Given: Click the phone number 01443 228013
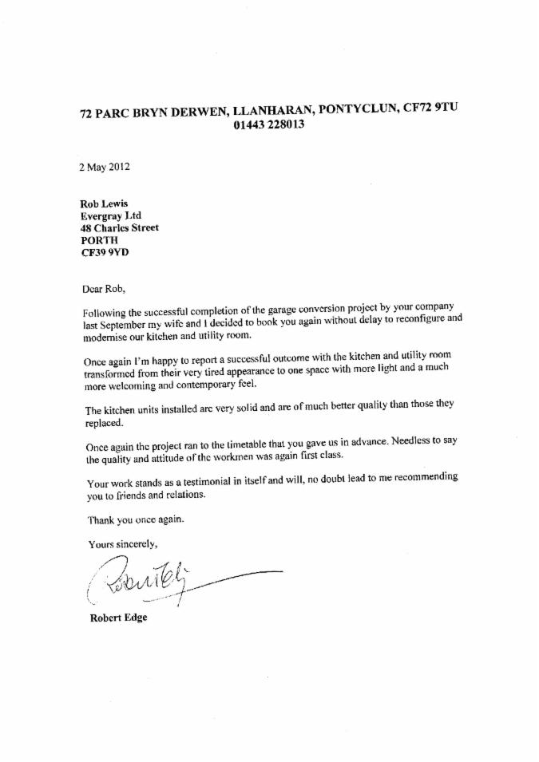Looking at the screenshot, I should tap(268, 125).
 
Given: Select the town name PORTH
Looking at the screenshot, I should tap(100, 240).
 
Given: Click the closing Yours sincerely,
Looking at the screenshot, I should tap(123, 544).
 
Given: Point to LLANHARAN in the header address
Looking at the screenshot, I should tap(271, 109).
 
